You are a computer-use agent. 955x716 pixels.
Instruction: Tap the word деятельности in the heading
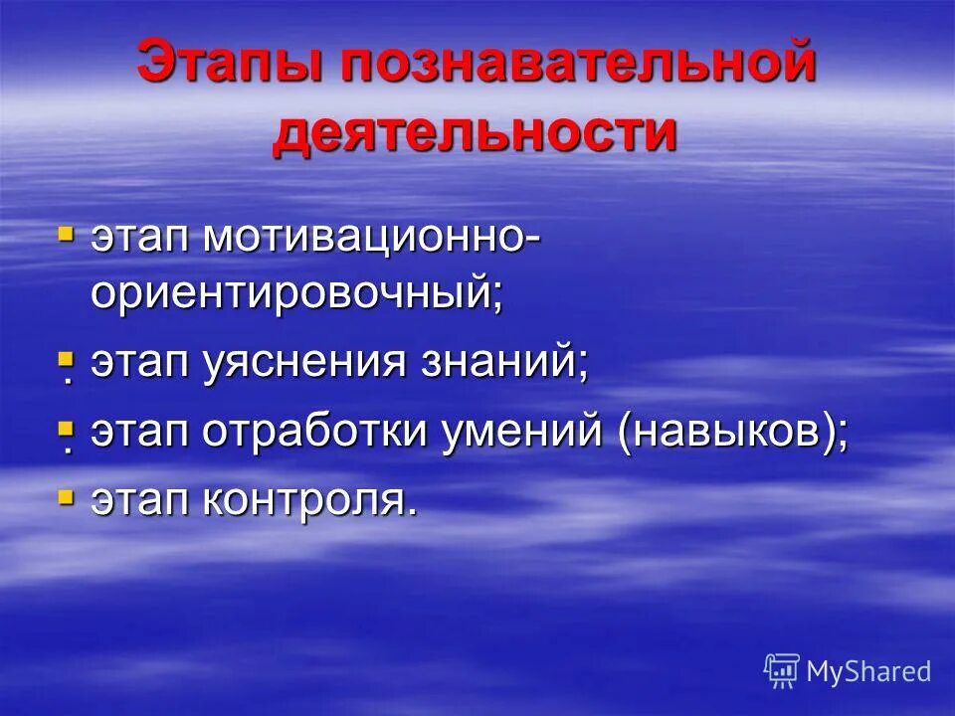coord(475,132)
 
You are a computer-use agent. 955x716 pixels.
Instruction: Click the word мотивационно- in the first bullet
coord(373,239)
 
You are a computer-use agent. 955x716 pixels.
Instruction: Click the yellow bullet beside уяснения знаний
coord(66,359)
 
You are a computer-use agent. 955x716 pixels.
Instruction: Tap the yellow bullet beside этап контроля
coord(66,496)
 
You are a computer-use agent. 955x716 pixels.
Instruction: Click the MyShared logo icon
coord(782,670)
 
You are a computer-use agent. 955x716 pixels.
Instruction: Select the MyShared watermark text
coord(867,671)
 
